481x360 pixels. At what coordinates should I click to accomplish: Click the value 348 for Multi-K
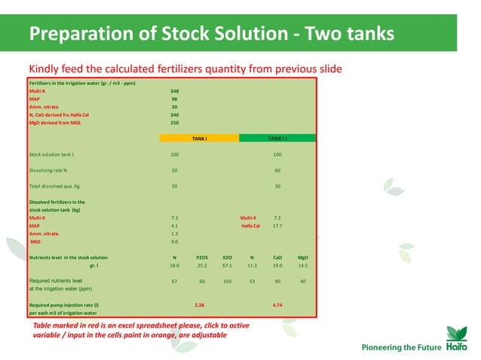coord(175,90)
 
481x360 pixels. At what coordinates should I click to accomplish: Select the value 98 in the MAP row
coord(175,99)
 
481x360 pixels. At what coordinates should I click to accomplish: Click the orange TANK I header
coord(199,139)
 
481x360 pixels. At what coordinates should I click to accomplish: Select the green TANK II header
coord(277,139)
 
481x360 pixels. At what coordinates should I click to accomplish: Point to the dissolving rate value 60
coord(277,170)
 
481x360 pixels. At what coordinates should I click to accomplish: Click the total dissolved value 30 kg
coord(277,186)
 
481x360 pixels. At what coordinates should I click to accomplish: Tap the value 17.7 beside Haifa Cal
coord(277,225)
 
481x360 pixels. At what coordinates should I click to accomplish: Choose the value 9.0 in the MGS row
coord(175,242)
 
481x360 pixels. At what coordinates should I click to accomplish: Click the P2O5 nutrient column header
coord(201,258)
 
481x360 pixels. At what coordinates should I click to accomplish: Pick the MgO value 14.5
coord(303,266)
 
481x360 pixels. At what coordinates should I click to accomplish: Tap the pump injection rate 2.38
coord(200,305)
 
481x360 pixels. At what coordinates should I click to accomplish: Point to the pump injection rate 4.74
coord(277,305)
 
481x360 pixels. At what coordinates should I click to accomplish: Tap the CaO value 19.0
coord(277,266)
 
